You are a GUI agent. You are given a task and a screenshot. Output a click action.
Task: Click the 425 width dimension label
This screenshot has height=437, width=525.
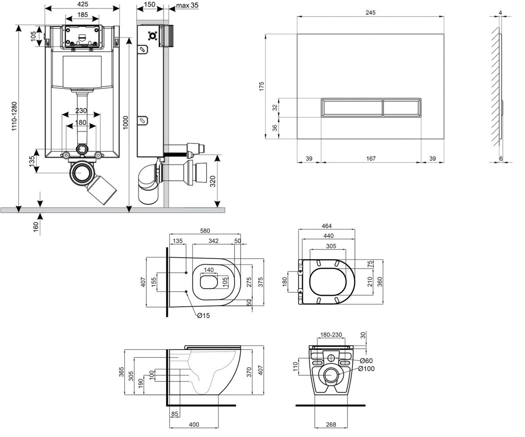click(83, 4)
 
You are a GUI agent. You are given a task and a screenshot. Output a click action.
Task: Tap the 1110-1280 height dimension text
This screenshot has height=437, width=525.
click(14, 116)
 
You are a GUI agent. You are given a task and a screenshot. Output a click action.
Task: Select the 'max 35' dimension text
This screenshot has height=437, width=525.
click(187, 5)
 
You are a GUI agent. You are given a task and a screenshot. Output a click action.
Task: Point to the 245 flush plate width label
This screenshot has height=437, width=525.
click(371, 13)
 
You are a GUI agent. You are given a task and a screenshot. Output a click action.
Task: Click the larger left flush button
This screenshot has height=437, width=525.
click(352, 108)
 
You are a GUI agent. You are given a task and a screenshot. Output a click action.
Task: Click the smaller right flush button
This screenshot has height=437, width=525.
click(402, 108)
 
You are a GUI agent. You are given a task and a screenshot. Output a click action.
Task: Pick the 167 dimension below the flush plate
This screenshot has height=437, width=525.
click(371, 159)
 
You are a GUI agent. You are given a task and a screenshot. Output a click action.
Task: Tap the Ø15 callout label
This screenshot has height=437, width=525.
click(203, 316)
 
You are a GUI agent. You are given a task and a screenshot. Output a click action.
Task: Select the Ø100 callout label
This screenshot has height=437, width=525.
click(366, 369)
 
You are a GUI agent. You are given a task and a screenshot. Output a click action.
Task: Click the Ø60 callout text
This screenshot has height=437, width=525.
click(366, 361)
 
